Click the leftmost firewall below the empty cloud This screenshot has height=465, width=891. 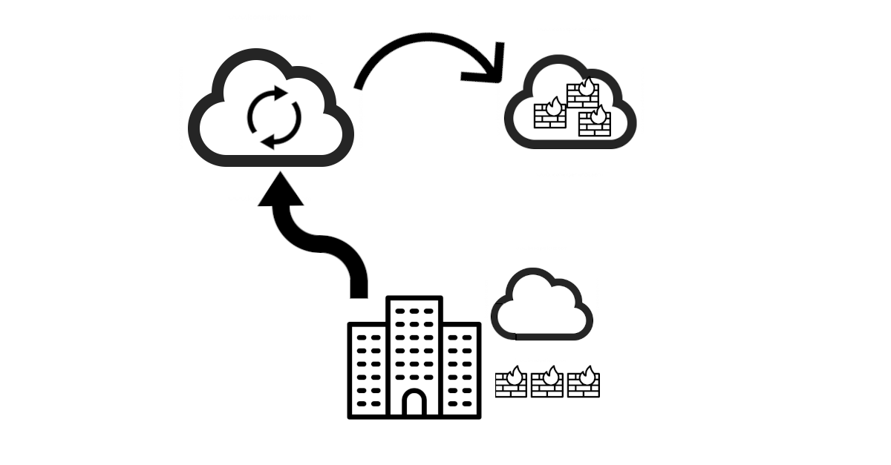pyautogui.click(x=511, y=383)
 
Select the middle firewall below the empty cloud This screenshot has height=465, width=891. pyautogui.click(x=547, y=383)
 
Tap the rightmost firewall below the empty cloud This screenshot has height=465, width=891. pyautogui.click(x=584, y=383)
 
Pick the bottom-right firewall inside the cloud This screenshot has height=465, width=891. pyautogui.click(x=594, y=122)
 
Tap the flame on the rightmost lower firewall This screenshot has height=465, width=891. pyautogui.click(x=589, y=373)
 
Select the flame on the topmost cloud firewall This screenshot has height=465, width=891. pyautogui.click(x=588, y=85)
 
